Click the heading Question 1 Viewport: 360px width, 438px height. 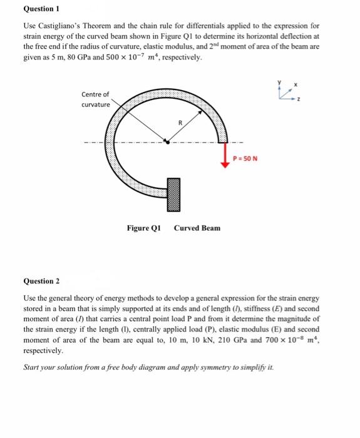pyautogui.click(x=41, y=9)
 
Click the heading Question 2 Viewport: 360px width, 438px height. pyautogui.click(x=41, y=282)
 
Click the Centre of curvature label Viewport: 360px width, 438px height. pyautogui.click(x=95, y=99)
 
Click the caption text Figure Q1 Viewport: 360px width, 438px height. pyautogui.click(x=144, y=228)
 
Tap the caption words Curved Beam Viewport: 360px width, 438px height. pyautogui.click(x=197, y=228)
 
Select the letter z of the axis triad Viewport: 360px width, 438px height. pyautogui.click(x=299, y=98)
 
